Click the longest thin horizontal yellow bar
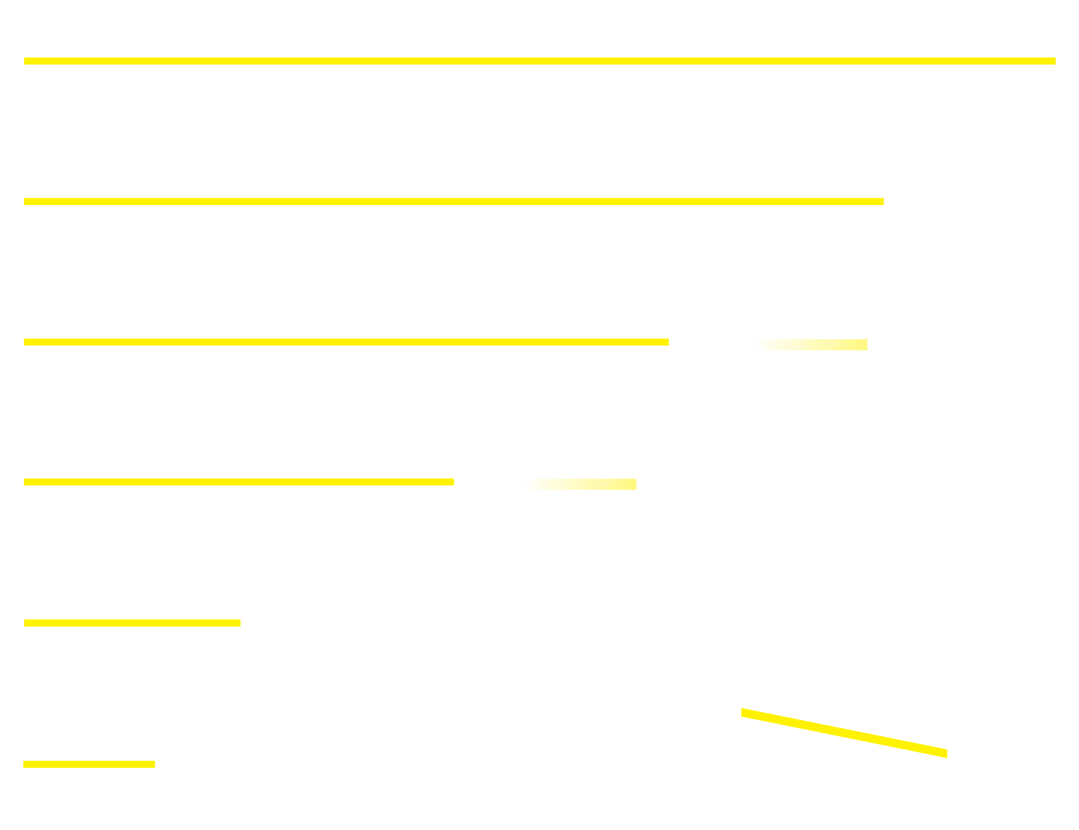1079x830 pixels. point(539,61)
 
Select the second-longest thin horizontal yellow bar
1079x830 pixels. point(454,202)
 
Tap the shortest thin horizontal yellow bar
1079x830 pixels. point(89,764)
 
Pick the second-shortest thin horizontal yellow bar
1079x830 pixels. point(132,623)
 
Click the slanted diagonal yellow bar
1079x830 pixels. point(844,733)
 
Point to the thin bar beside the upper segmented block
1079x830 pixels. point(346,342)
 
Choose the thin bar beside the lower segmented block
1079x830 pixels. point(239,482)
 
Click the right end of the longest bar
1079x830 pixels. point(1053,61)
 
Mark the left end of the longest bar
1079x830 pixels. point(26,61)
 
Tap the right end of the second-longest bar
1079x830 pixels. point(882,202)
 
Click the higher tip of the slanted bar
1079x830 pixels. point(743,712)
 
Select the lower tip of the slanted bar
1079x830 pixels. point(945,753)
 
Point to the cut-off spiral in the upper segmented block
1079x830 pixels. point(834,341)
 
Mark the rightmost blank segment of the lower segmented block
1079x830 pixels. point(626,484)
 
